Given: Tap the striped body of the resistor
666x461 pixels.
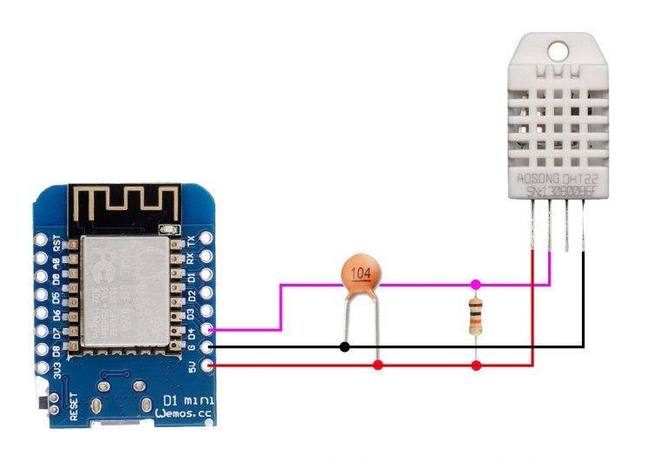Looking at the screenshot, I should coord(475,315).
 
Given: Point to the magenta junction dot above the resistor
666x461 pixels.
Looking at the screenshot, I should coord(476,284).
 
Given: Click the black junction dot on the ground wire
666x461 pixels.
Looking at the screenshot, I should coord(344,347).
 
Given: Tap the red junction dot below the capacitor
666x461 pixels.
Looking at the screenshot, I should coord(378,366).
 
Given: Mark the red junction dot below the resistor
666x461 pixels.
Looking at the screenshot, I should coord(476,366).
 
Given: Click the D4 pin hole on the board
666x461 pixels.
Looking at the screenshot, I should coord(206,330).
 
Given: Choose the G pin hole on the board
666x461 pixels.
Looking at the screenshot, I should coord(206,348).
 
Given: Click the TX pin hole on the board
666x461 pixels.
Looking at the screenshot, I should coord(206,238).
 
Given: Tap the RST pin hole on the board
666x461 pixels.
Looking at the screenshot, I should coord(41,239).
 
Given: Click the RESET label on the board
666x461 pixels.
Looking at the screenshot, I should coord(74,405).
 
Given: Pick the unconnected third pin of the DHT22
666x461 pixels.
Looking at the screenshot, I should coord(566,230).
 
